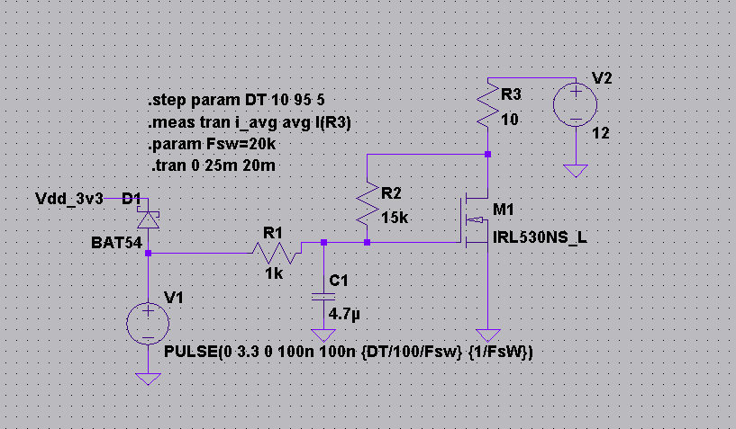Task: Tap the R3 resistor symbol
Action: pyautogui.click(x=486, y=105)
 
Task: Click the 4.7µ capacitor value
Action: pyautogui.click(x=344, y=314)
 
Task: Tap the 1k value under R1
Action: pyautogui.click(x=273, y=272)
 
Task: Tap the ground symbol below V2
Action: pyautogui.click(x=573, y=171)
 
